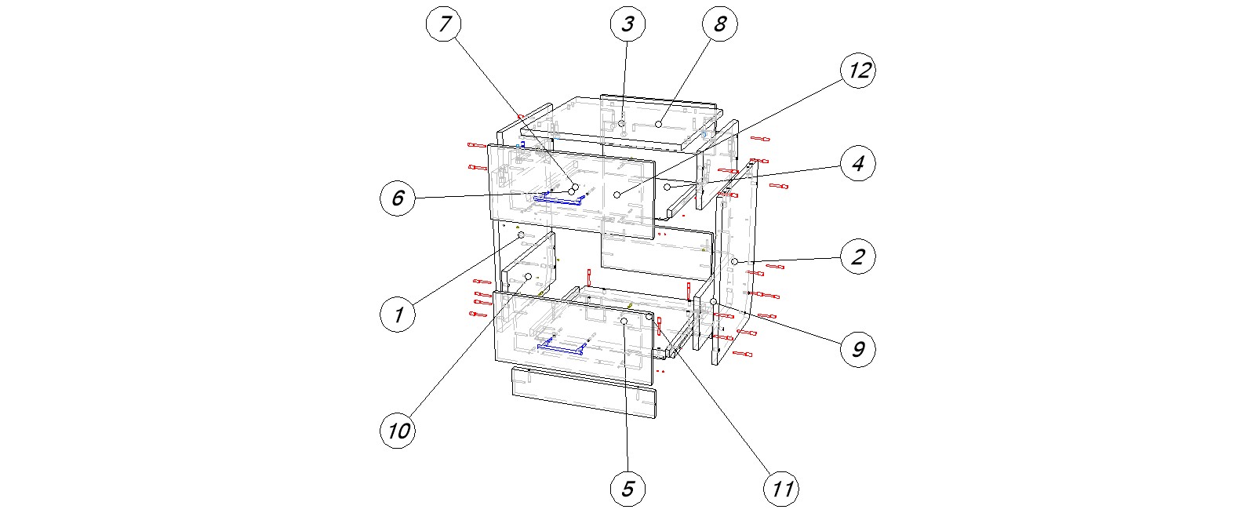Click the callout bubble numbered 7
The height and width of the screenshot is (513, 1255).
(x=445, y=24)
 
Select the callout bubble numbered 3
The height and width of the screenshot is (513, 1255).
(x=627, y=24)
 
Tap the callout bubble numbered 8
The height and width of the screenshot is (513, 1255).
(x=719, y=24)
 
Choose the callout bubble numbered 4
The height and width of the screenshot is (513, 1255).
(x=858, y=164)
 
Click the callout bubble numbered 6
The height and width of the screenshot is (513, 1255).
(x=398, y=198)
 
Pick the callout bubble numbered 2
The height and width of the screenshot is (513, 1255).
(x=858, y=256)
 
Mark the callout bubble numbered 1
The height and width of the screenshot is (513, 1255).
(x=398, y=315)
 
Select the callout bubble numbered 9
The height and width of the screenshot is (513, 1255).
(x=858, y=349)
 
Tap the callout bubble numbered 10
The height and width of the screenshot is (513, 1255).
(x=398, y=431)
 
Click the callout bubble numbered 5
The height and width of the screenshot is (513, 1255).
(x=627, y=489)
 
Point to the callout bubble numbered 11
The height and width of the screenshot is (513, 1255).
(x=781, y=489)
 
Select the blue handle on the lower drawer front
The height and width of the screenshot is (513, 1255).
(x=562, y=347)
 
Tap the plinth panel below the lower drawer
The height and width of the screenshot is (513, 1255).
(x=584, y=391)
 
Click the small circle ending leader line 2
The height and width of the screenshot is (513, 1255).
(x=734, y=261)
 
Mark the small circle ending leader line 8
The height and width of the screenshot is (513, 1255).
(x=660, y=124)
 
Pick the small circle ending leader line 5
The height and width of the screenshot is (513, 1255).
(x=624, y=322)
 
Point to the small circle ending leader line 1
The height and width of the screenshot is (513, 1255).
(x=521, y=235)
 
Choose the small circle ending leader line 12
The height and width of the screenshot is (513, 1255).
(x=618, y=194)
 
